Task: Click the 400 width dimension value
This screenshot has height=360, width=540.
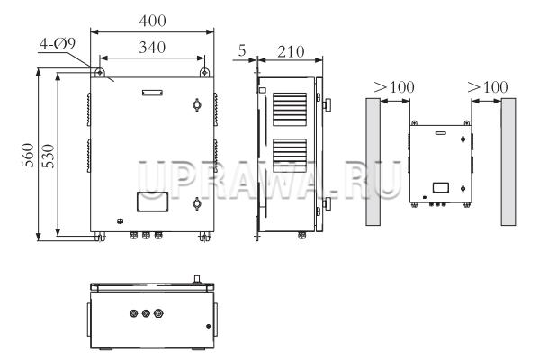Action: [153, 21]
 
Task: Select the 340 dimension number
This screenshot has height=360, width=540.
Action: [152, 47]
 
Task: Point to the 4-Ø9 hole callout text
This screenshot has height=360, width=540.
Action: [58, 44]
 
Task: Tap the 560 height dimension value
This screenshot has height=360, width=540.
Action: [28, 155]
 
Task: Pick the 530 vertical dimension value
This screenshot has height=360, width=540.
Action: [49, 156]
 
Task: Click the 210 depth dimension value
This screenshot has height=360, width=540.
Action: [291, 52]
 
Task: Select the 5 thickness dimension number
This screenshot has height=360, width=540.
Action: [242, 50]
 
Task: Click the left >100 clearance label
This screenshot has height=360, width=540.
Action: [394, 87]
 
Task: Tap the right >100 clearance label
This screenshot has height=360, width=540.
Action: [488, 87]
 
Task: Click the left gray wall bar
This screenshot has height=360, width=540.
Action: [373, 162]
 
